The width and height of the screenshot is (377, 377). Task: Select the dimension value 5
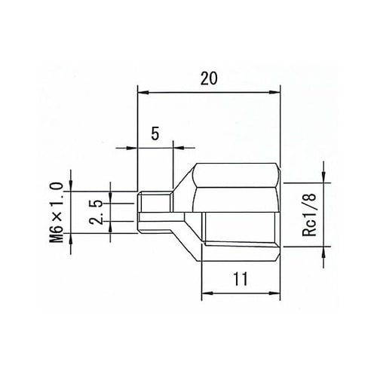tap(155, 133)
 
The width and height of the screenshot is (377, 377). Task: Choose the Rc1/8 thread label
tap(308, 214)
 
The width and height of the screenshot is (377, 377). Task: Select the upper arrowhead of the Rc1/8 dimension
tap(323, 178)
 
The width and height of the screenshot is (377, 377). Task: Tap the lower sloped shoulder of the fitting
tap(185, 229)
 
